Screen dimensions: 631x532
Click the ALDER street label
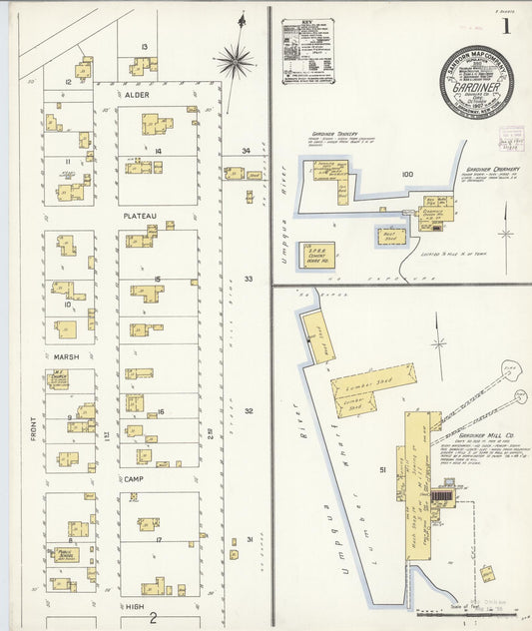pos(137,94)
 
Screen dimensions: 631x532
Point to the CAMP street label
pos(135,479)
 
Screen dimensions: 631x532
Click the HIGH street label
pos(134,605)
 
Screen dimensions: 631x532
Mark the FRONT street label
pos(33,428)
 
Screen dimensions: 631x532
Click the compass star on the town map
pos(235,61)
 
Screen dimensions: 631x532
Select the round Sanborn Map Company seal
pos(476,82)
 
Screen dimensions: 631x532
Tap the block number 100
pos(406,174)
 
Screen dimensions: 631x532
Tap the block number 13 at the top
pos(145,47)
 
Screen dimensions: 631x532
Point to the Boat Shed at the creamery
pos(390,237)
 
